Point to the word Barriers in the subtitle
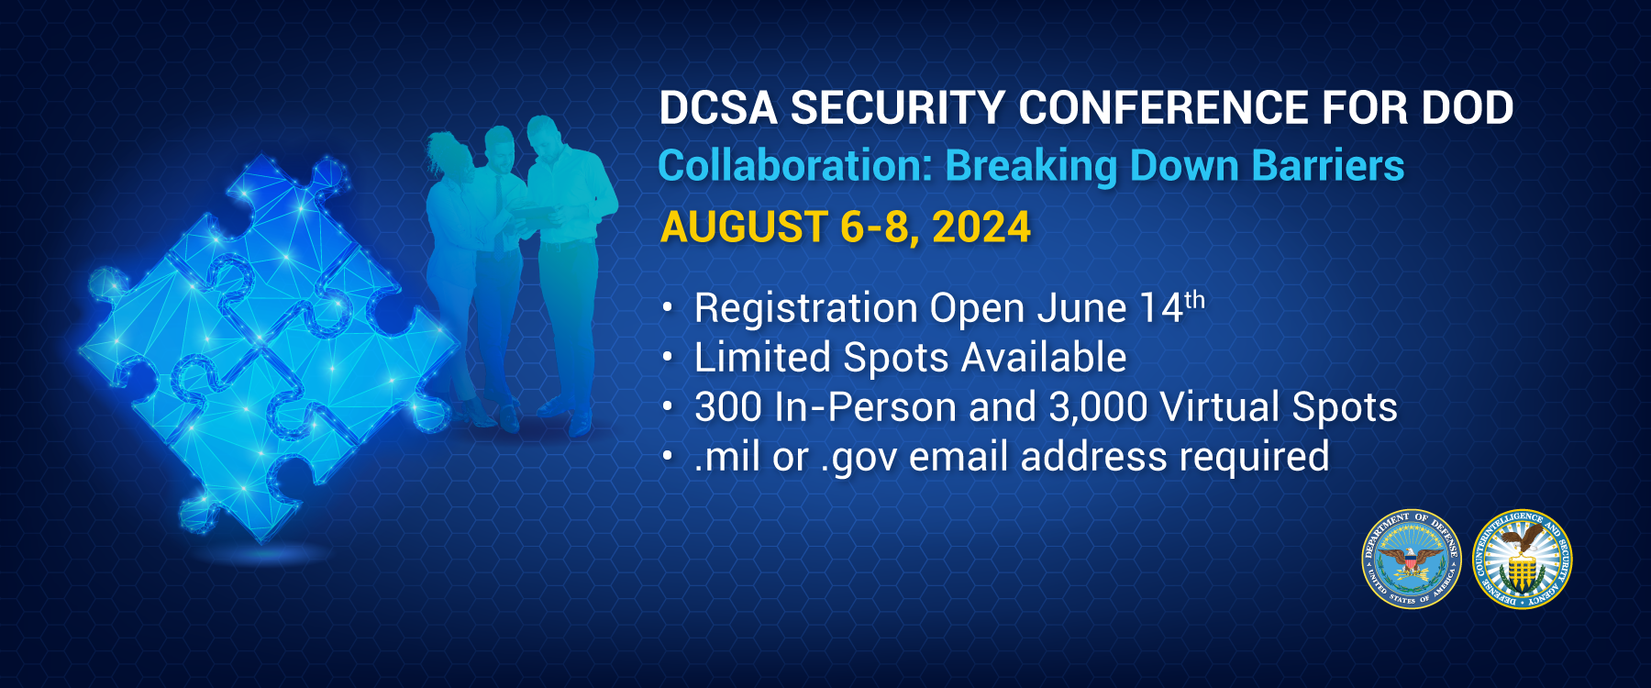[x=1328, y=166]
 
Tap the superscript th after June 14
[x=1194, y=300]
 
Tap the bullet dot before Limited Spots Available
[x=668, y=356]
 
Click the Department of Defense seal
[x=1411, y=559]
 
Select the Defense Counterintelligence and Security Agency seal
[x=1523, y=559]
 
